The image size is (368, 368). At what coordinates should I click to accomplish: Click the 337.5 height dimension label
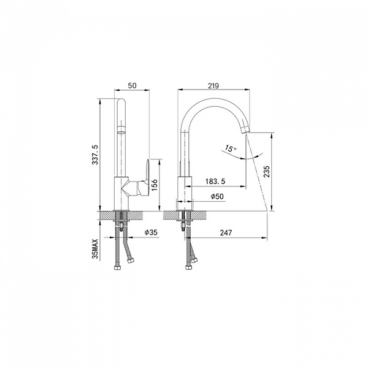(95, 155)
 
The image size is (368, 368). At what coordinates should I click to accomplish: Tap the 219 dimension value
(213, 86)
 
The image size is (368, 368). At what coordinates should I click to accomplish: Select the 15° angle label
(231, 148)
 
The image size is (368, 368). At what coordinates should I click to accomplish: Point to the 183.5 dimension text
(215, 181)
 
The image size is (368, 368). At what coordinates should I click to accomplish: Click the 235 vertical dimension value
(267, 172)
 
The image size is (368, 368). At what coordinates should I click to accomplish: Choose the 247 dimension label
(226, 232)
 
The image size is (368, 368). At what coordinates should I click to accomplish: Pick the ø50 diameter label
(217, 196)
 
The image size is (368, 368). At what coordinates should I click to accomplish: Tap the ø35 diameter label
(151, 232)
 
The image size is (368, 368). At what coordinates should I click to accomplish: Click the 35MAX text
(95, 249)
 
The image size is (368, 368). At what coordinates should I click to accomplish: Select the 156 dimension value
(154, 185)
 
